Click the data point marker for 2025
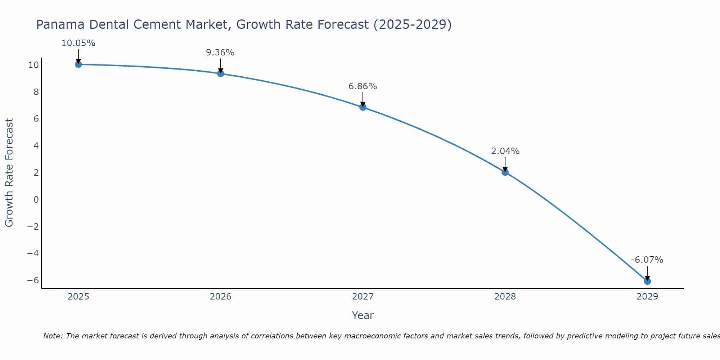pos(78,64)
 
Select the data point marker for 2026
pos(221,74)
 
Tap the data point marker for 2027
pos(363,107)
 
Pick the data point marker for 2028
pos(505,172)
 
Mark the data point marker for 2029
pos(647,281)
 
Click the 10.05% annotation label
pos(78,43)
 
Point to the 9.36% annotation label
pos(220,53)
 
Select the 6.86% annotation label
pos(363,86)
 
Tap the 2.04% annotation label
pos(505,151)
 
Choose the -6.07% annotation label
pos(647,260)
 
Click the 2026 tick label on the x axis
pos(221,297)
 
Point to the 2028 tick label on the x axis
pos(505,297)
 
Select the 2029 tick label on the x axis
pos(647,297)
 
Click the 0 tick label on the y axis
pos(36,199)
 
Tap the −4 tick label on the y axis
pos(33,253)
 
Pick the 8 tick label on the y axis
pos(36,92)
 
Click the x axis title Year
pos(363,315)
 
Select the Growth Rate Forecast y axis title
pos(9,173)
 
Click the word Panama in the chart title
pos(60,24)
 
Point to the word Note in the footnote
pos(53,336)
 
